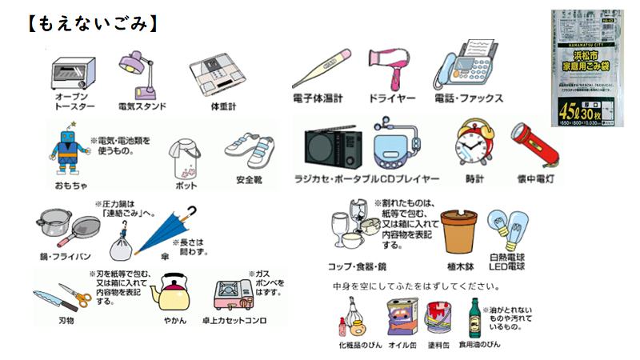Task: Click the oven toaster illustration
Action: (x=74, y=75)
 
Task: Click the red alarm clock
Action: (x=474, y=143)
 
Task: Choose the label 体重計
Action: (x=214, y=105)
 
